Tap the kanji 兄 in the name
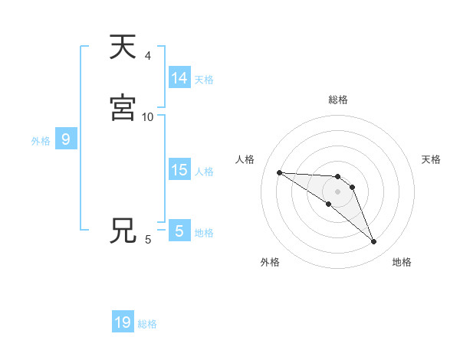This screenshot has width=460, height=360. (123, 231)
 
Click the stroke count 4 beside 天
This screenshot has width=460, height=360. (148, 56)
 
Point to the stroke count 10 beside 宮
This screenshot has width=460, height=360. (148, 117)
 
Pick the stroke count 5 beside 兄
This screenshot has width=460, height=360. (148, 240)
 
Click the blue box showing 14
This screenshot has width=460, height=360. (179, 78)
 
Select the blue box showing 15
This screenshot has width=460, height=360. (179, 170)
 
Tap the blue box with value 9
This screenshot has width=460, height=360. (66, 139)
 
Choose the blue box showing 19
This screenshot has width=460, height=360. (123, 322)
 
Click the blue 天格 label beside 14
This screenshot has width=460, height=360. (204, 80)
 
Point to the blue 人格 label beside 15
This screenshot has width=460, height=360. (204, 172)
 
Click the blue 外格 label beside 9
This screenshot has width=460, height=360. (41, 141)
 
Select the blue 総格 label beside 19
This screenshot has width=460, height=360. (147, 324)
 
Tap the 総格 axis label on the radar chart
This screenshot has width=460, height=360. (338, 100)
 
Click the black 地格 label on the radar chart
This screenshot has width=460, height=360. (402, 262)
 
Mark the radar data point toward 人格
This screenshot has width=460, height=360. (279, 172)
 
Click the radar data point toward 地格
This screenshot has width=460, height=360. (374, 242)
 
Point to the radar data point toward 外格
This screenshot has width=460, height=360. (328, 204)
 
